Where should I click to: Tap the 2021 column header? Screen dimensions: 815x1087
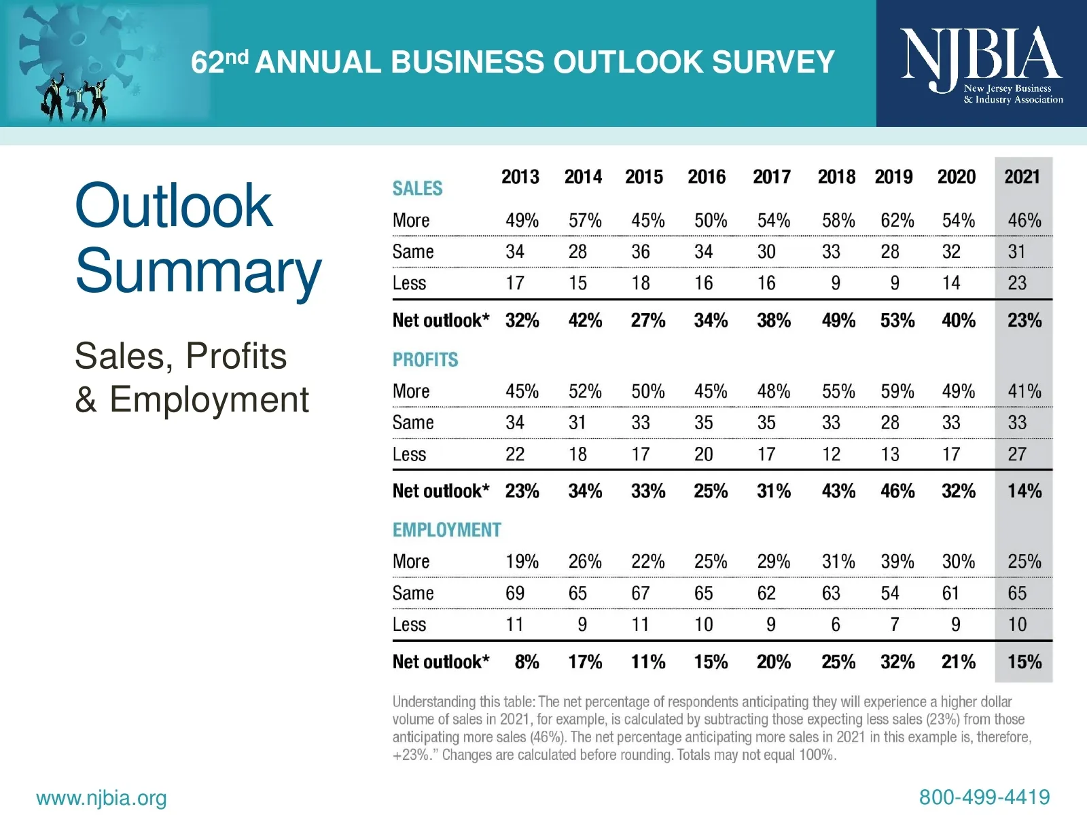tap(1022, 177)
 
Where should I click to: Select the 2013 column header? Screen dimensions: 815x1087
tap(520, 177)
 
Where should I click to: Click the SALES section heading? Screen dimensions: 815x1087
tap(417, 189)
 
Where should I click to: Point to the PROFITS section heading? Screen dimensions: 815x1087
tap(425, 360)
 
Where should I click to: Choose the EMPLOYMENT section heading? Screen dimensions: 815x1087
tap(446, 530)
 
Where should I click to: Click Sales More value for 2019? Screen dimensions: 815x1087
tap(897, 221)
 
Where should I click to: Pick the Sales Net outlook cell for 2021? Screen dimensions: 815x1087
tap(1024, 321)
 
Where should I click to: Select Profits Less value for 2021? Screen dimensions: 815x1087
tap(1016, 454)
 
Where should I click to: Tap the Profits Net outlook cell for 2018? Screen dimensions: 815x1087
tap(838, 491)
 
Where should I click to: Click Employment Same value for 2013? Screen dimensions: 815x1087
tap(514, 594)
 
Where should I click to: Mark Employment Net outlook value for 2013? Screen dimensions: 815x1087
tap(527, 662)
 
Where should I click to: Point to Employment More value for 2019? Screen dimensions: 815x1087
tap(897, 562)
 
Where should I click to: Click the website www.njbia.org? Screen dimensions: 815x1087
tap(101, 798)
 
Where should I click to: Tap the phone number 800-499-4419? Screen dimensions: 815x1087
tap(984, 797)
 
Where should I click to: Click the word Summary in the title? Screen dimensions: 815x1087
tap(198, 272)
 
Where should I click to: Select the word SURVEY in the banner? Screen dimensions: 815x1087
tap(773, 62)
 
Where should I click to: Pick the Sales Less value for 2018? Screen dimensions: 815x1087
tap(835, 283)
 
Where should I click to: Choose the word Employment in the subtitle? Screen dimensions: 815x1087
tap(209, 399)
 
